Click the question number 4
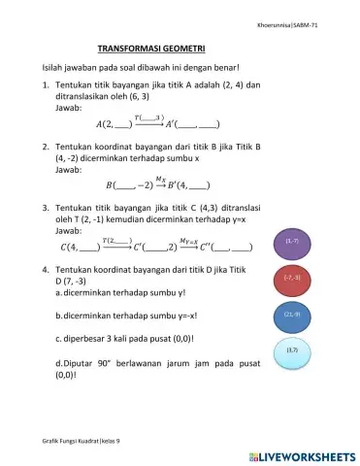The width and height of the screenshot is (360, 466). (x=47, y=266)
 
